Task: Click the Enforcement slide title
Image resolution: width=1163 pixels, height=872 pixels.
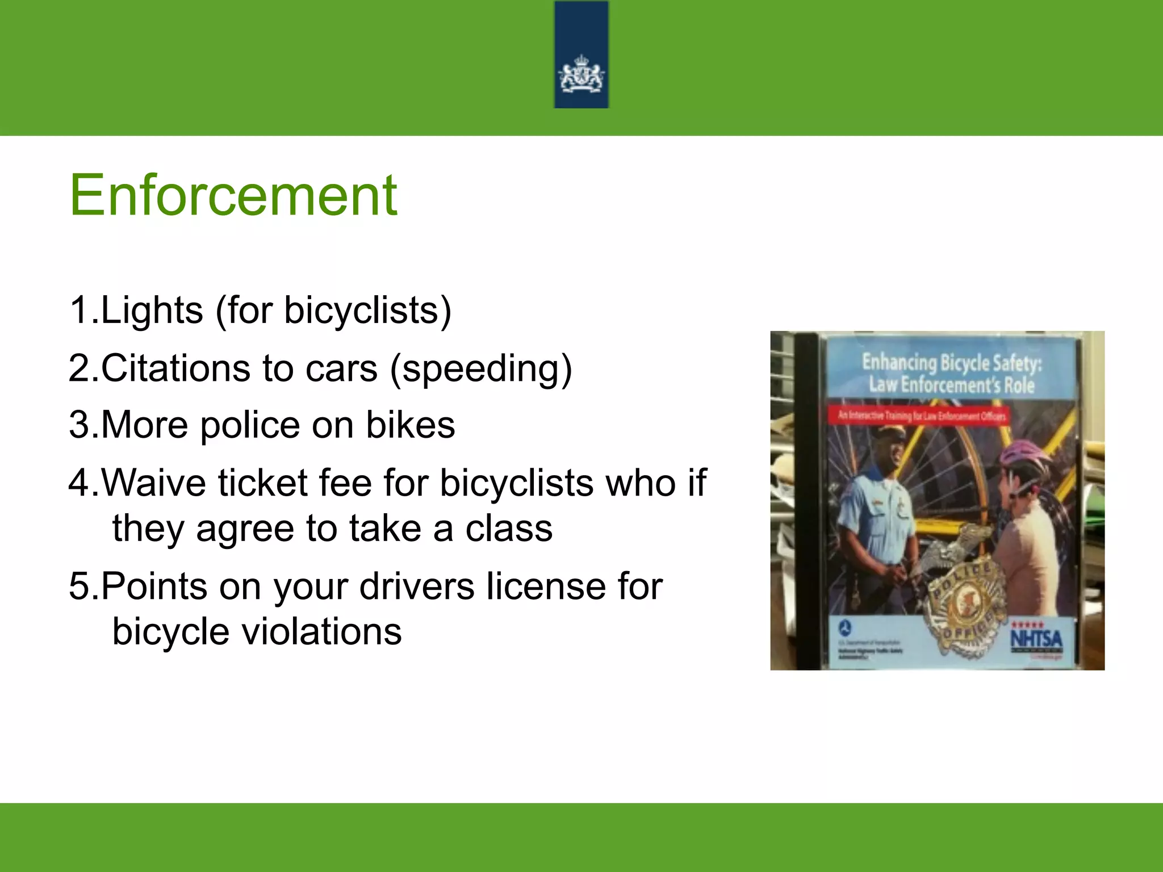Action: [233, 196]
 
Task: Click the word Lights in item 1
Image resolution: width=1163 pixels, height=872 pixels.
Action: [152, 311]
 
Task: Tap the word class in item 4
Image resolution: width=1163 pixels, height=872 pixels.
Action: [509, 529]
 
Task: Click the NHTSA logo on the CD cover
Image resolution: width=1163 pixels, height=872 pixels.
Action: [1036, 639]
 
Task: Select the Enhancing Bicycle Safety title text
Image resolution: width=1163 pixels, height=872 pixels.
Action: [951, 373]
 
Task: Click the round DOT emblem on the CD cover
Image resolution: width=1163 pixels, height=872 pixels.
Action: [845, 628]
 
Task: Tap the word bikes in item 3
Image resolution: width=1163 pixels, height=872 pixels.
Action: [410, 425]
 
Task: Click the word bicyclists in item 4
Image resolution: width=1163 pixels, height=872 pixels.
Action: [517, 483]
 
